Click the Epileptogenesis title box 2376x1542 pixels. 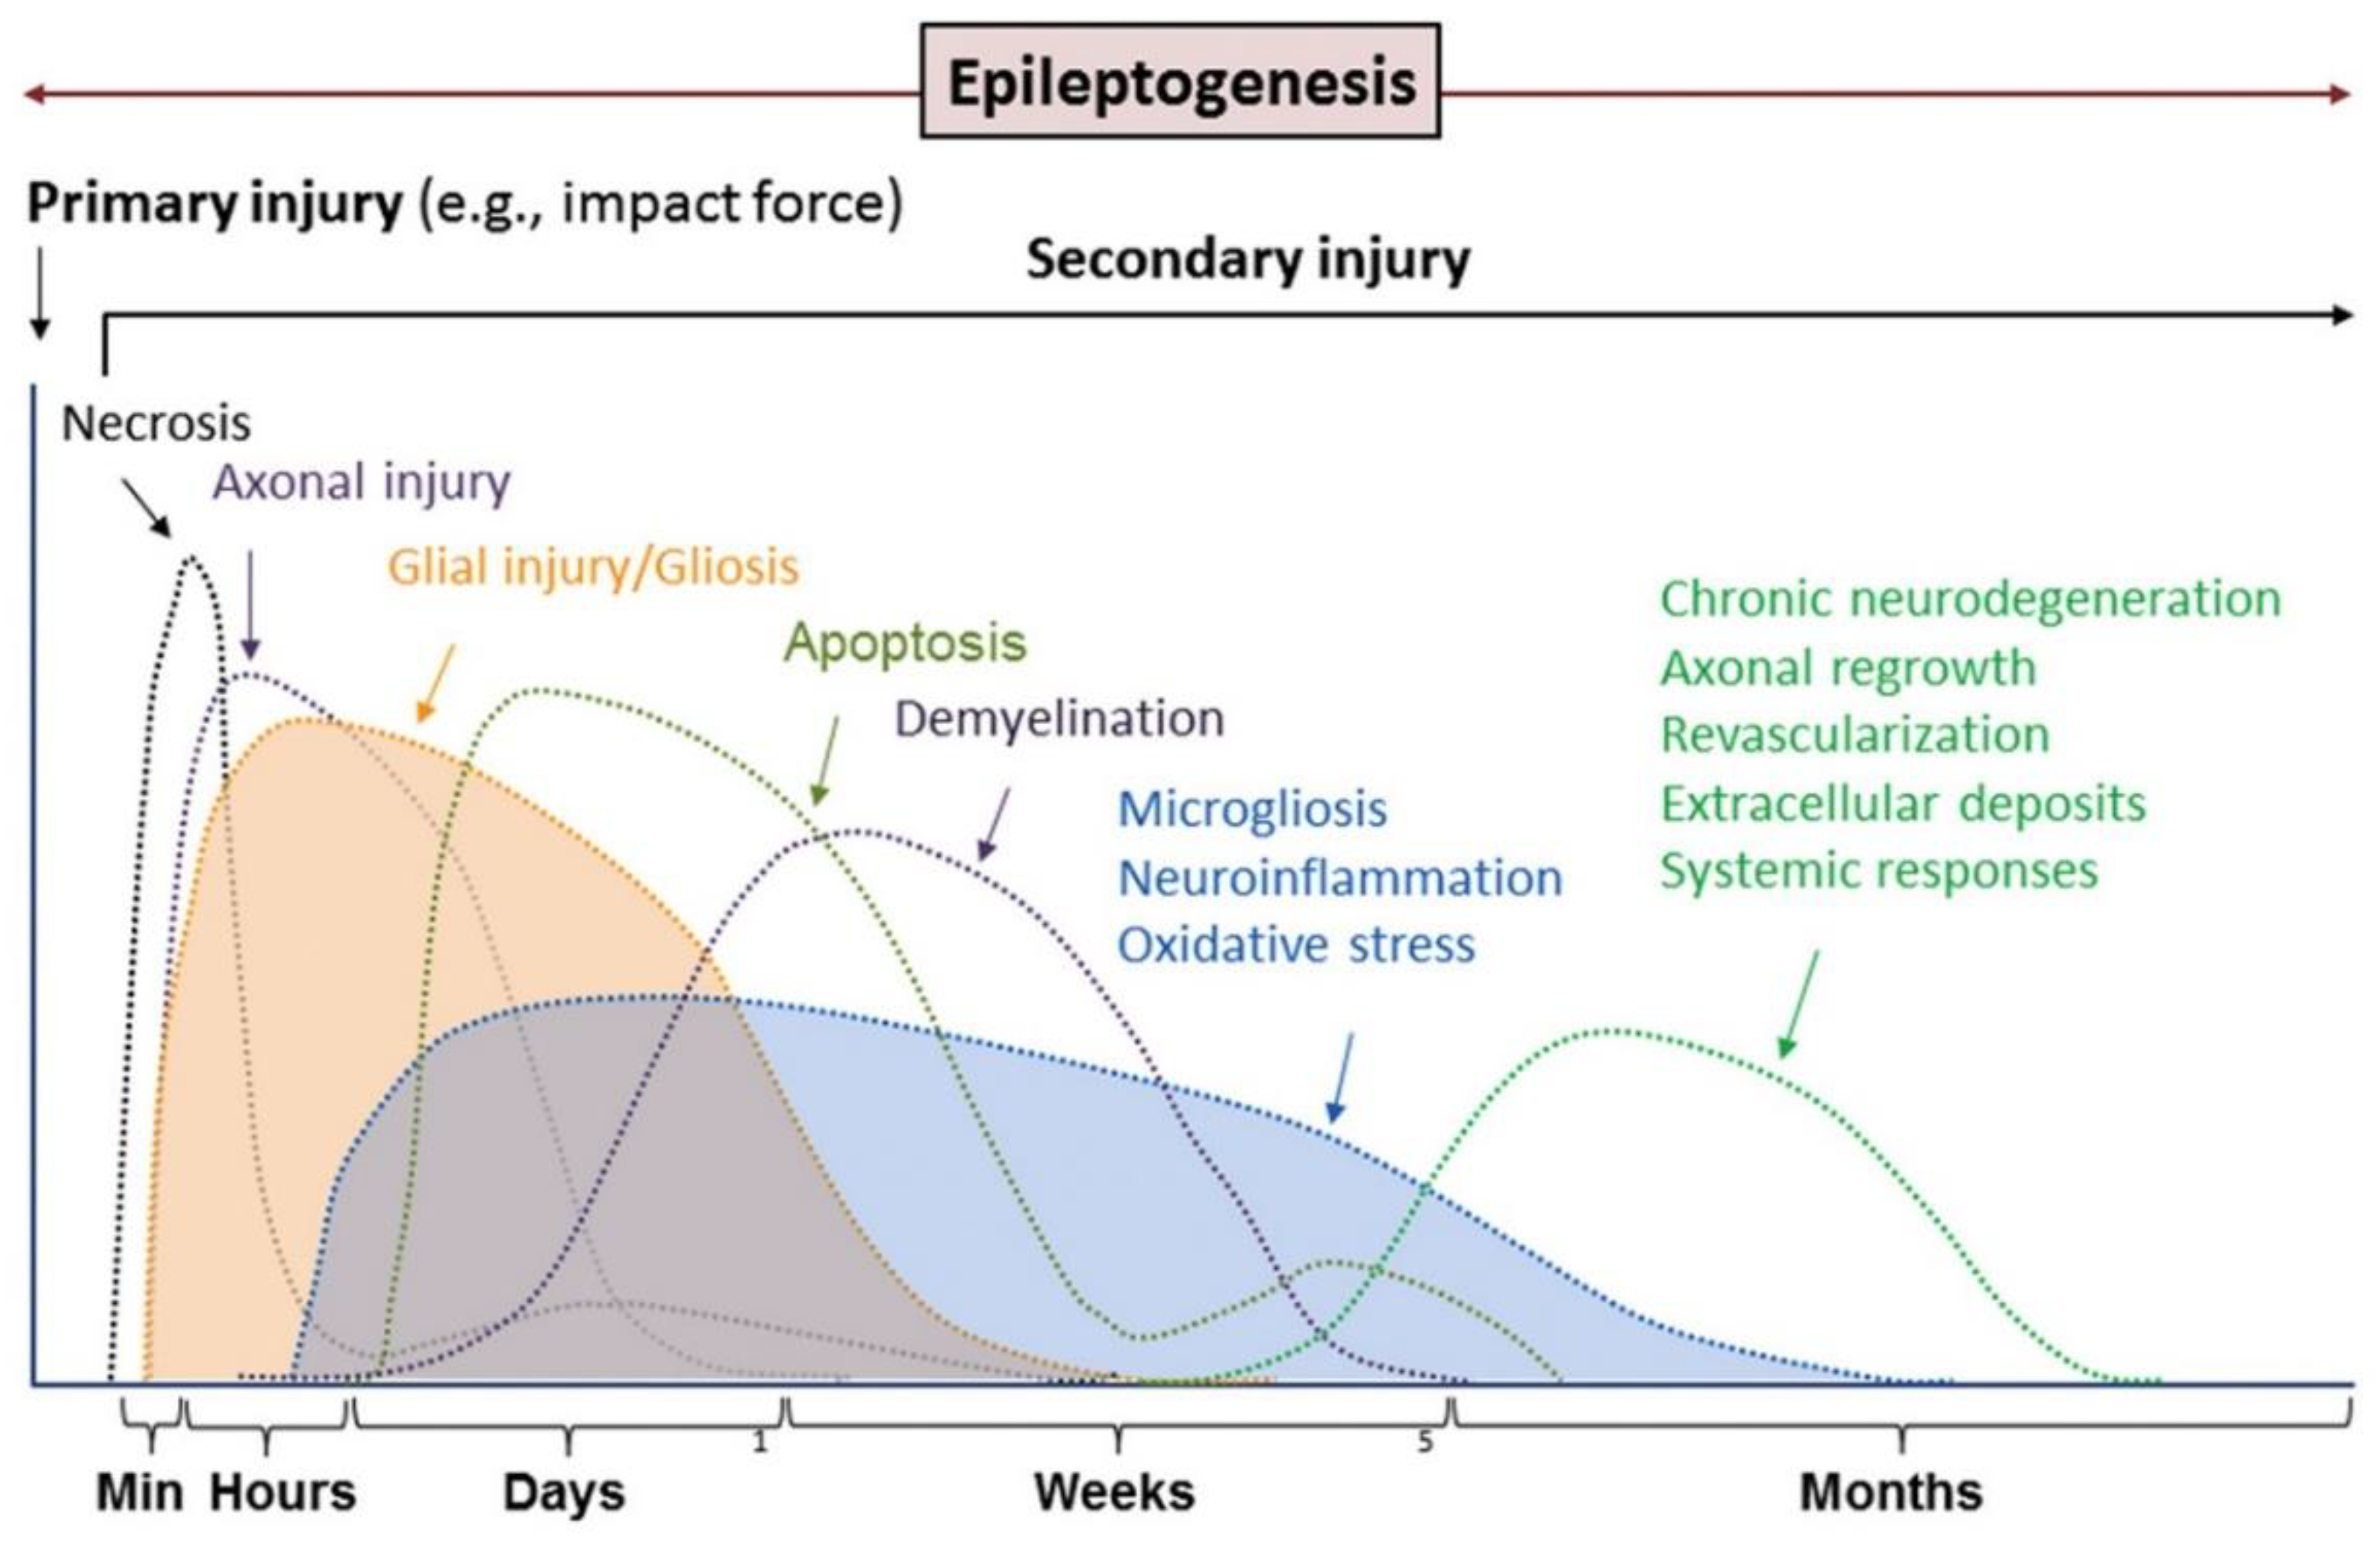point(1179,82)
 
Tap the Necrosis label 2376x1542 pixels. point(156,423)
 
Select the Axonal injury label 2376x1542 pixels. point(361,482)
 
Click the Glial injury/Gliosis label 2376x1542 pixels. point(593,567)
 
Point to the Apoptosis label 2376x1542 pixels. point(904,642)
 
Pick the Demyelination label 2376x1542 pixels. point(1058,719)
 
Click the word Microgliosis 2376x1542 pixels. point(1252,809)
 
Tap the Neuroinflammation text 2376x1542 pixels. point(1340,878)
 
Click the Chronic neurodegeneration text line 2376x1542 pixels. point(1970,599)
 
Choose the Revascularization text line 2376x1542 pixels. point(1855,735)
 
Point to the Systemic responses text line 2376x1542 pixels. point(1878,871)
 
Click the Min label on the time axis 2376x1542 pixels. point(139,1493)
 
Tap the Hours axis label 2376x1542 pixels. point(282,1493)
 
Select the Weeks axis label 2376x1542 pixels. point(1114,1493)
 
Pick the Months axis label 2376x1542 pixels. point(1890,1493)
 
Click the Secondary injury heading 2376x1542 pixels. point(1248,259)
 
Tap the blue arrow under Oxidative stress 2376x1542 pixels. point(1342,1078)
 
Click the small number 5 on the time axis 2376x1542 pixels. point(1424,1441)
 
